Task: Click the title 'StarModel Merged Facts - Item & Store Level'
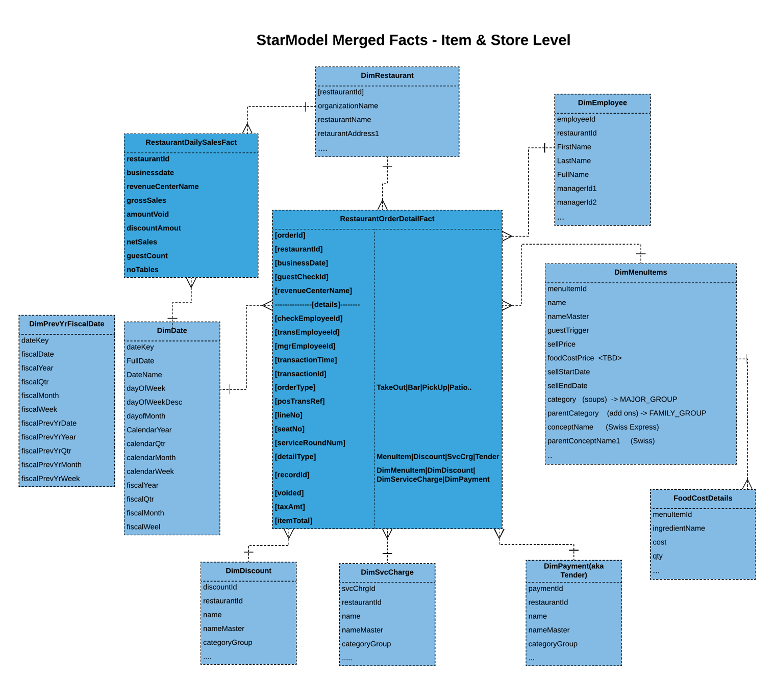pyautogui.click(x=413, y=40)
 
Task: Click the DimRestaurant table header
pyautogui.click(x=387, y=76)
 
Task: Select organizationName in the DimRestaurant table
pyautogui.click(x=347, y=106)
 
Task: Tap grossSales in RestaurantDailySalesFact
pyautogui.click(x=146, y=201)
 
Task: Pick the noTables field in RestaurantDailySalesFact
pyautogui.click(x=142, y=270)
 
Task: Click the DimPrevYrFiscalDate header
pyautogui.click(x=66, y=324)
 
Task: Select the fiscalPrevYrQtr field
pyautogui.click(x=46, y=451)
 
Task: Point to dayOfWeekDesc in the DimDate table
pyautogui.click(x=154, y=402)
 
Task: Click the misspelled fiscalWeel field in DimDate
pyautogui.click(x=143, y=527)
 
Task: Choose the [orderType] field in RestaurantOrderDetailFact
pyautogui.click(x=295, y=388)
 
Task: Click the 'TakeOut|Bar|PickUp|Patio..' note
pyautogui.click(x=423, y=388)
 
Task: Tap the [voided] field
pyautogui.click(x=289, y=493)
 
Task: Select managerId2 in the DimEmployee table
pyautogui.click(x=577, y=202)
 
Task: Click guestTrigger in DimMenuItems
pyautogui.click(x=568, y=330)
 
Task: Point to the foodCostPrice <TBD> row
pyautogui.click(x=584, y=358)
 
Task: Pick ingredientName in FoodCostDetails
pyautogui.click(x=679, y=529)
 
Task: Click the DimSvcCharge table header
pyautogui.click(x=387, y=572)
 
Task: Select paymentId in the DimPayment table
pyautogui.click(x=545, y=589)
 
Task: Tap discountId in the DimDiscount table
pyautogui.click(x=220, y=587)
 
